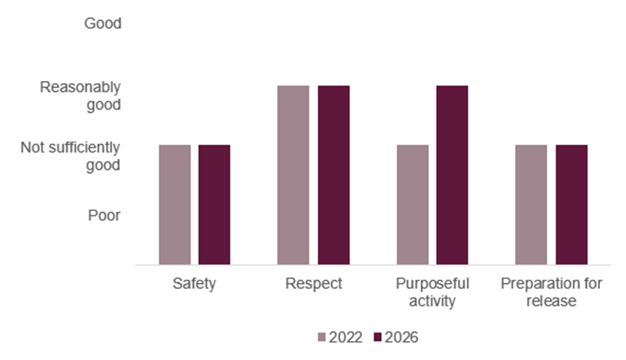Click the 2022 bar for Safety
pyautogui.click(x=174, y=205)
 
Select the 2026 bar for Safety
pyautogui.click(x=214, y=205)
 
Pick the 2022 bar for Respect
pyautogui.click(x=293, y=175)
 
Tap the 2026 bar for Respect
pyautogui.click(x=333, y=175)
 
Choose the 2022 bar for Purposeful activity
pyautogui.click(x=412, y=205)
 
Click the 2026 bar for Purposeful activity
pyautogui.click(x=452, y=175)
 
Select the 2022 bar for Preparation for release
pyautogui.click(x=531, y=205)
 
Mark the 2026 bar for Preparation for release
pyautogui.click(x=571, y=205)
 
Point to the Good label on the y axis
pyautogui.click(x=103, y=24)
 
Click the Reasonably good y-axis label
pyautogui.click(x=80, y=96)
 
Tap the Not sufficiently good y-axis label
pyautogui.click(x=70, y=156)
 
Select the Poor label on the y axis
pyautogui.click(x=104, y=215)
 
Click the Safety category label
pyautogui.click(x=194, y=285)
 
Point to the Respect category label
pyautogui.click(x=313, y=285)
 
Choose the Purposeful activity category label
pyautogui.click(x=432, y=292)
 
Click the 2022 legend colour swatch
pyautogui.click(x=322, y=337)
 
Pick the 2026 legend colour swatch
pyautogui.click(x=378, y=337)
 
